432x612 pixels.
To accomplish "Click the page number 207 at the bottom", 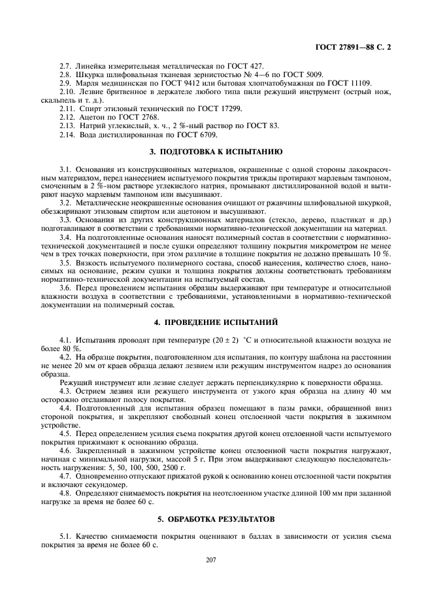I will pos(210,560).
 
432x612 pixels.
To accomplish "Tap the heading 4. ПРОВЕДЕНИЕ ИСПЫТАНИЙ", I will pos(216,322).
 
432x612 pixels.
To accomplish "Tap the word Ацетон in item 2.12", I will pos(91,117).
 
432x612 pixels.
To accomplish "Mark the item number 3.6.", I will pos(65,288).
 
